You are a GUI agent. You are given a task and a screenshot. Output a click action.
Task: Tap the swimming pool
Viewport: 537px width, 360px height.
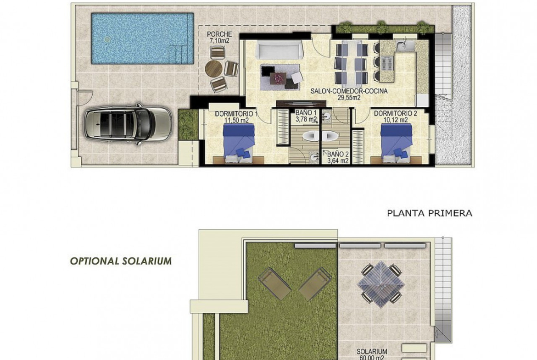click(142, 39)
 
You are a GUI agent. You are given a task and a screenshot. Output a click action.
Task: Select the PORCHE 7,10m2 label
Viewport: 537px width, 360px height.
click(219, 37)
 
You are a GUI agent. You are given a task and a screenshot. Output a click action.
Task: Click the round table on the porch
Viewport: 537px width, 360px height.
click(214, 69)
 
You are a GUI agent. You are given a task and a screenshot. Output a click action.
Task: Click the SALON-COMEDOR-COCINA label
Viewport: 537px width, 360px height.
click(349, 94)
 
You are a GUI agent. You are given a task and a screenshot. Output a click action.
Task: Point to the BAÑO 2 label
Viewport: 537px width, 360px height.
click(338, 157)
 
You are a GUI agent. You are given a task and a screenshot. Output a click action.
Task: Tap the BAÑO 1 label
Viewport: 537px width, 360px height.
click(306, 116)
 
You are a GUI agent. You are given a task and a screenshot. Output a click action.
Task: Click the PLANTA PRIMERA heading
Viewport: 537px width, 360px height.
click(430, 213)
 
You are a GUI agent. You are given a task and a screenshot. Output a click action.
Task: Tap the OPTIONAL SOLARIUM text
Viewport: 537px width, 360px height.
click(121, 261)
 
